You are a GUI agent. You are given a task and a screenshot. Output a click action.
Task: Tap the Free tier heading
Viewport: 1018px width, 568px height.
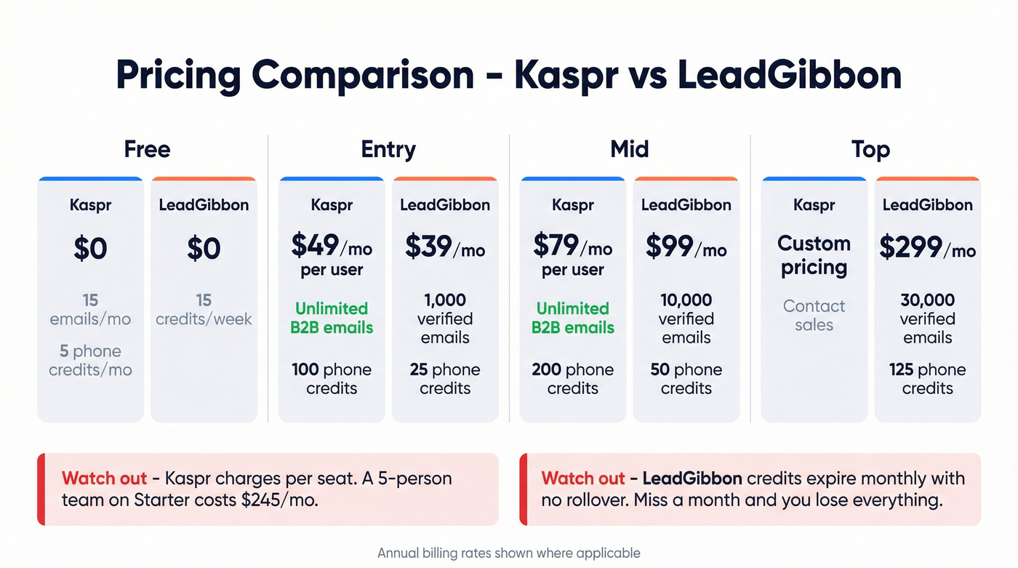[x=147, y=149]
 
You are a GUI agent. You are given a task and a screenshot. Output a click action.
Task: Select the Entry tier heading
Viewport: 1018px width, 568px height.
[x=388, y=149]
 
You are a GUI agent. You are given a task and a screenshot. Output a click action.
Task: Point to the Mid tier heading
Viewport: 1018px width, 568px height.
[x=629, y=149]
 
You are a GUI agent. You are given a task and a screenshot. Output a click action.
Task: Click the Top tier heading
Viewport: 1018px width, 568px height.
[x=870, y=149]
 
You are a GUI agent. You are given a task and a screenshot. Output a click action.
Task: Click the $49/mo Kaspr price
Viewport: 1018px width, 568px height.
[x=332, y=247]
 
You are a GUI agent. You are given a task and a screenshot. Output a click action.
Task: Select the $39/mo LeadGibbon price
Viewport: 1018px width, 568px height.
[x=445, y=248]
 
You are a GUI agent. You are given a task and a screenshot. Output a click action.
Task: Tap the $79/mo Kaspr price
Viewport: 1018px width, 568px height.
[x=573, y=247]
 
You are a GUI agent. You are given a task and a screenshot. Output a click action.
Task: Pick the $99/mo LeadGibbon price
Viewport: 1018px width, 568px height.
[x=686, y=248]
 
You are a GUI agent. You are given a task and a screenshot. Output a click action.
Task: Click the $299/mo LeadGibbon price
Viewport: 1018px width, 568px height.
[x=927, y=248]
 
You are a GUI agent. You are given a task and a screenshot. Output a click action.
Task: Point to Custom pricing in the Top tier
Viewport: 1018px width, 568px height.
[x=814, y=255]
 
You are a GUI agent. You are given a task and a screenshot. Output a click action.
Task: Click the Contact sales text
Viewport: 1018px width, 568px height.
[x=814, y=316]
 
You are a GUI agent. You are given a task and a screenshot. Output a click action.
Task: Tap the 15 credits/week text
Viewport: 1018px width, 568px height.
[x=204, y=309]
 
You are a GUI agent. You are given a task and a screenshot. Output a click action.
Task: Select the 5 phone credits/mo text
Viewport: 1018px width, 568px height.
[x=90, y=361]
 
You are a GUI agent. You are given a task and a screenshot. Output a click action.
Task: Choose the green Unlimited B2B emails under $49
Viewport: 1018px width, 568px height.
[x=332, y=318]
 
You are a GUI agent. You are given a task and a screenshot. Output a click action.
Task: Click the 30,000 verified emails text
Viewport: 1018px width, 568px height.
[x=927, y=319]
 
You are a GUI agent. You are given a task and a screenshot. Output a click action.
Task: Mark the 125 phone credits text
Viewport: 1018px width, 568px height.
[x=927, y=379]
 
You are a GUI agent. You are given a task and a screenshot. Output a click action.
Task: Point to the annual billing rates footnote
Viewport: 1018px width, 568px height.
[x=509, y=553]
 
